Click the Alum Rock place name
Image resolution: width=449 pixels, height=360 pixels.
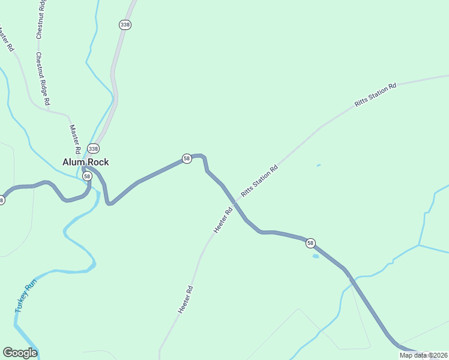pyautogui.click(x=86, y=162)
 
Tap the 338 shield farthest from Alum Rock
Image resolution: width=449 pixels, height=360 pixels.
pyautogui.click(x=125, y=25)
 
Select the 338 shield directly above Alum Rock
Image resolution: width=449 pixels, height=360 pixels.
pyautogui.click(x=93, y=148)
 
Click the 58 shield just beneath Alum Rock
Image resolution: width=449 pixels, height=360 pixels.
pyautogui.click(x=88, y=176)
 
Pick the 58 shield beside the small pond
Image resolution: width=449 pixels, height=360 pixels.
pyautogui.click(x=310, y=243)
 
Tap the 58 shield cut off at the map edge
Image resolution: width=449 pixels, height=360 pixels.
pyautogui.click(x=1, y=200)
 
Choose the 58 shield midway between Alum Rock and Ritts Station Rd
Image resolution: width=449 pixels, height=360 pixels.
pyautogui.click(x=187, y=158)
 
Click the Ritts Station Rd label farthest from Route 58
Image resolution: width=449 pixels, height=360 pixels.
pyautogui.click(x=376, y=95)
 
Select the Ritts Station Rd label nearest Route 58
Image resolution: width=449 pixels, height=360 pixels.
pyautogui.click(x=259, y=181)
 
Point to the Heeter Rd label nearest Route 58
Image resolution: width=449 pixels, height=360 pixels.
pyautogui.click(x=223, y=221)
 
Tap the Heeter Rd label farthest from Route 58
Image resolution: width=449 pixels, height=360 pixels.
pyautogui.click(x=185, y=299)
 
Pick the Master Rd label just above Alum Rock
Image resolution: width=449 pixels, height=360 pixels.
pyautogui.click(x=75, y=139)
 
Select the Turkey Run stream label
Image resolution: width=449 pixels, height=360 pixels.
pyautogui.click(x=26, y=296)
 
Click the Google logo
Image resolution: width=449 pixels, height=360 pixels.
pyautogui.click(x=20, y=353)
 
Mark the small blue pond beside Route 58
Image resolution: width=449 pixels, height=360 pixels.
pyautogui.click(x=315, y=256)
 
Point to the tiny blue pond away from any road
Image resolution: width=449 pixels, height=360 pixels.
pyautogui.click(x=318, y=166)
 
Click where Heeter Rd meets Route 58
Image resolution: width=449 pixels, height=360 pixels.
pyautogui.click(x=236, y=203)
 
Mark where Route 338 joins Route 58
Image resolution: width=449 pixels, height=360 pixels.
pyautogui.click(x=84, y=169)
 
